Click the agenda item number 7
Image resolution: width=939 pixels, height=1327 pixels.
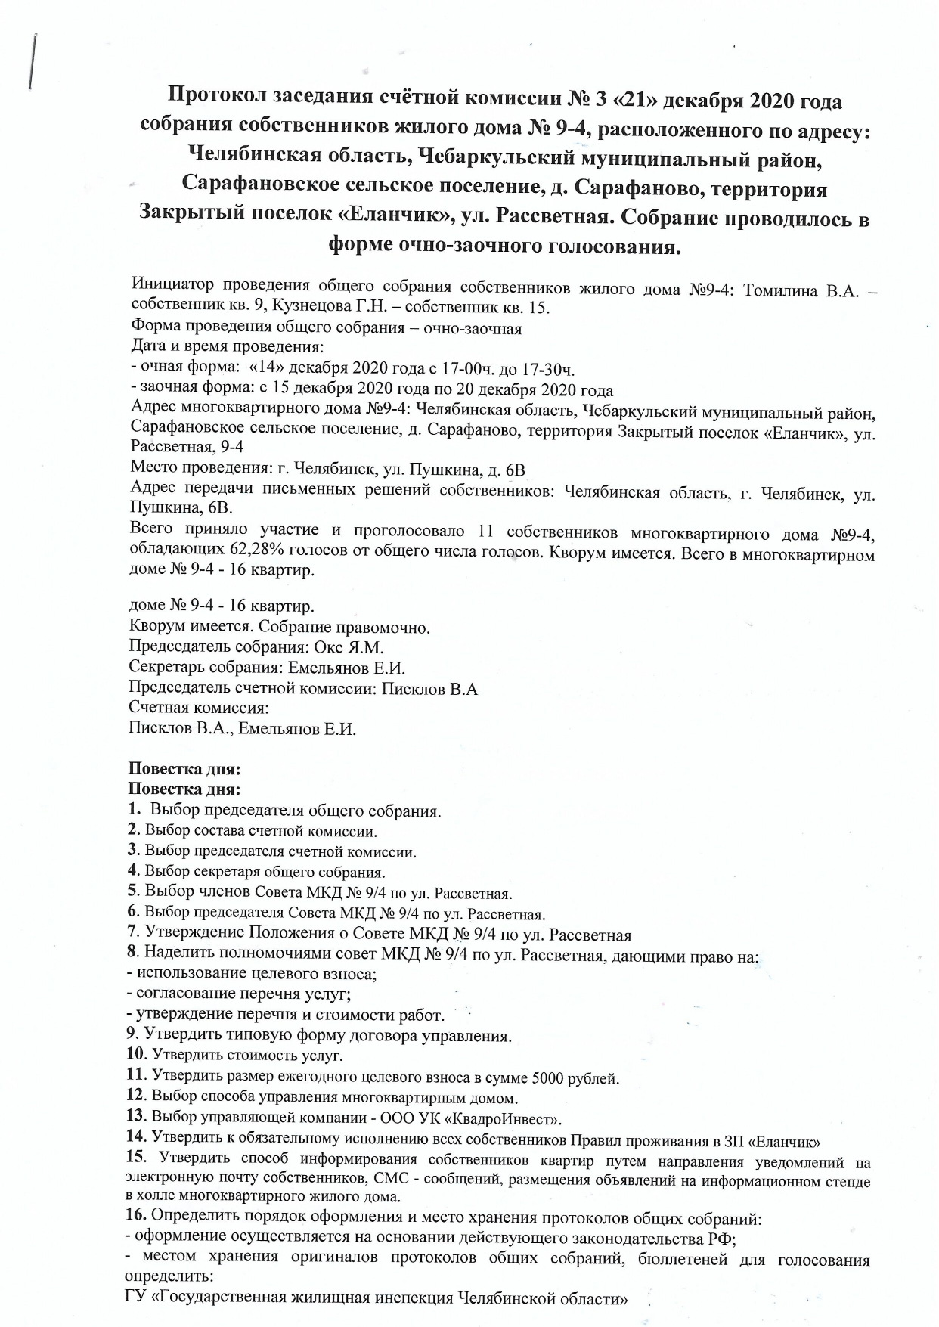tap(133, 935)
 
